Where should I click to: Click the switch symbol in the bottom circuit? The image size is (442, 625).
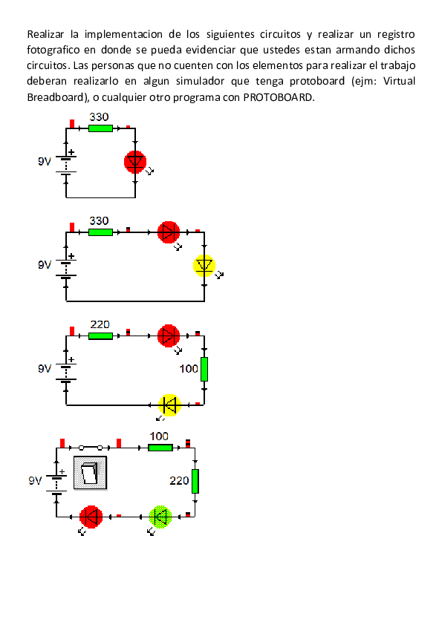tap(90, 472)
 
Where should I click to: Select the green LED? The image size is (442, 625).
tap(160, 516)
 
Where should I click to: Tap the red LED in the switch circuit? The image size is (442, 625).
tap(91, 516)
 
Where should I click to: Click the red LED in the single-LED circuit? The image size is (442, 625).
tap(135, 162)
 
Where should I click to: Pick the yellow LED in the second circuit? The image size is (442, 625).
tap(204, 266)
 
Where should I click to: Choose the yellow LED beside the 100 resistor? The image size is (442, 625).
tap(170, 405)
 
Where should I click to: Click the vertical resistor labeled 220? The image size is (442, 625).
tap(195, 481)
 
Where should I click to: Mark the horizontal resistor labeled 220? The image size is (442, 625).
tap(100, 336)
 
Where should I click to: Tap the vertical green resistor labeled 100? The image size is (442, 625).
tap(204, 369)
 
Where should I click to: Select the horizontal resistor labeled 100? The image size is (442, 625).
tap(160, 448)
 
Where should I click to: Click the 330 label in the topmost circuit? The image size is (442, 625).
tap(99, 117)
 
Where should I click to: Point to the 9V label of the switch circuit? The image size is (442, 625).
tap(36, 481)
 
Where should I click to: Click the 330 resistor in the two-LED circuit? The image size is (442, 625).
tap(100, 232)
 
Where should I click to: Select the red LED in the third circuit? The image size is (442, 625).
tap(169, 336)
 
